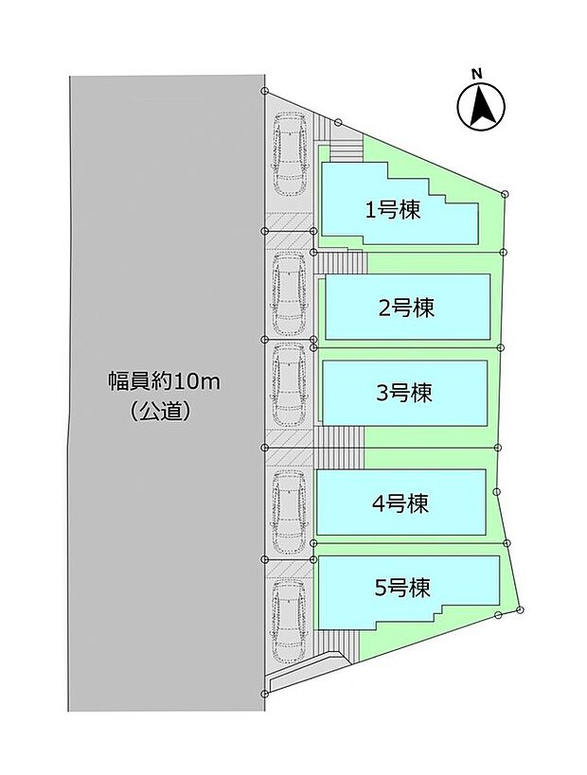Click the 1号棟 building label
pyautogui.click(x=393, y=210)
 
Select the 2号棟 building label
pyautogui.click(x=406, y=308)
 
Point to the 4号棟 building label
pyautogui.click(x=400, y=502)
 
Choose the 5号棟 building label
pyautogui.click(x=402, y=588)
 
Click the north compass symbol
pyautogui.click(x=479, y=107)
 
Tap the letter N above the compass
pyautogui.click(x=478, y=73)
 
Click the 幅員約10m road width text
pyautogui.click(x=163, y=383)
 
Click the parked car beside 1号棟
pyautogui.click(x=288, y=151)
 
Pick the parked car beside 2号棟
pyautogui.click(x=288, y=293)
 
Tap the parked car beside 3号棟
pyautogui.click(x=288, y=386)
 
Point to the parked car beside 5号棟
pyautogui.click(x=288, y=620)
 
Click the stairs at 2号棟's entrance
pyautogui.click(x=340, y=262)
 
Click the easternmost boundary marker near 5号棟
pyautogui.click(x=521, y=608)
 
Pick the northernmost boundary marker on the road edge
pyautogui.click(x=266, y=92)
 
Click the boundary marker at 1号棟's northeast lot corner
pyautogui.click(x=505, y=194)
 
